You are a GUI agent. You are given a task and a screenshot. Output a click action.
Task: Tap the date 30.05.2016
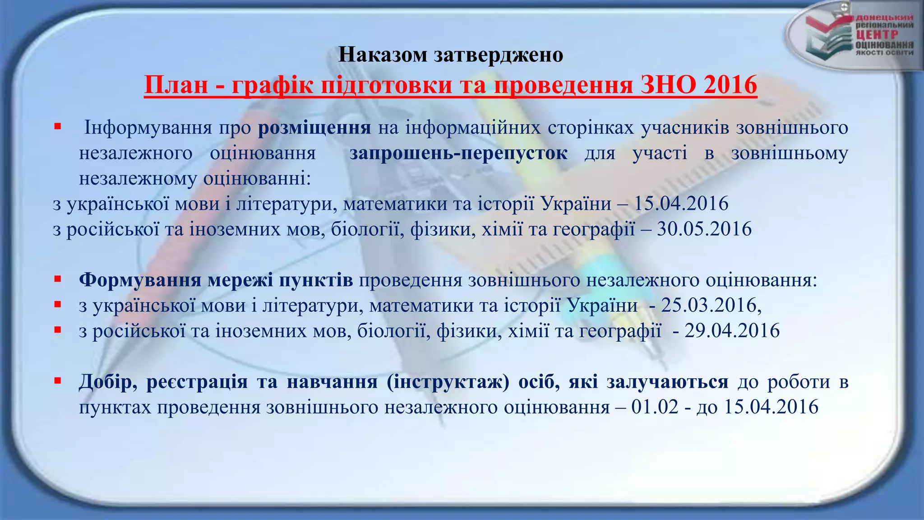pyautogui.click(x=704, y=229)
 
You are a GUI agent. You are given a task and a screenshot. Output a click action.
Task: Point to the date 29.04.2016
pyautogui.click(x=732, y=330)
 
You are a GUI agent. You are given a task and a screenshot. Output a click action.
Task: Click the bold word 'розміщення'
pyautogui.click(x=314, y=128)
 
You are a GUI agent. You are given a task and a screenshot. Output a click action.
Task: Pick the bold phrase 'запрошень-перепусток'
pyautogui.click(x=458, y=153)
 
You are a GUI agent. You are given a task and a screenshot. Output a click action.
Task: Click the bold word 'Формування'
pyautogui.click(x=140, y=280)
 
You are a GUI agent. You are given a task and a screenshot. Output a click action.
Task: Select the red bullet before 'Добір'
pyautogui.click(x=57, y=381)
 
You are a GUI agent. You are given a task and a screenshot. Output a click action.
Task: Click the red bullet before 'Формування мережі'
pyautogui.click(x=57, y=279)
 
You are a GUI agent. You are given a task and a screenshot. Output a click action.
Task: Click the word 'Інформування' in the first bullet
pyautogui.click(x=148, y=128)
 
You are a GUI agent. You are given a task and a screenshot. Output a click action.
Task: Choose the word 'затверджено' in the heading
pyautogui.click(x=499, y=55)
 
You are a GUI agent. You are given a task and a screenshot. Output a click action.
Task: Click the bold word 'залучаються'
pyautogui.click(x=667, y=382)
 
